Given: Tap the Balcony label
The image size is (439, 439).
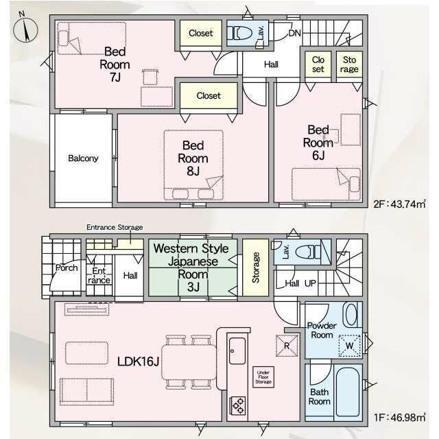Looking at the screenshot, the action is (x=83, y=158).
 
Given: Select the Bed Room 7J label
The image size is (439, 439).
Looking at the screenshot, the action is (x=115, y=64).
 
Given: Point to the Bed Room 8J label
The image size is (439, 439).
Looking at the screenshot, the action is (x=193, y=158).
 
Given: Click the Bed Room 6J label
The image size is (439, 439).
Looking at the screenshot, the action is (x=318, y=143).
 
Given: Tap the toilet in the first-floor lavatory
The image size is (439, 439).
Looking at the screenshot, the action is (x=308, y=252).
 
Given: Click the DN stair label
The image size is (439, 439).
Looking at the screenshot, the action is (x=294, y=33).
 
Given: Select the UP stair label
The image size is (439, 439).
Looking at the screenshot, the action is (x=310, y=283).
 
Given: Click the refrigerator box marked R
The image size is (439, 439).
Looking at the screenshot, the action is (x=287, y=346).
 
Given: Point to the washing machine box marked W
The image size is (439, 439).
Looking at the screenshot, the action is (x=349, y=346).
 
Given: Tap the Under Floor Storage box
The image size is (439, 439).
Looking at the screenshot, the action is (x=263, y=377).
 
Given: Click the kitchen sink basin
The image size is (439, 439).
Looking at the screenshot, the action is (x=237, y=351).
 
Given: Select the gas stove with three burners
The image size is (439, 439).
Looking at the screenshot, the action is (x=238, y=405).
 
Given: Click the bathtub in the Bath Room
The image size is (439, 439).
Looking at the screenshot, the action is (x=348, y=392).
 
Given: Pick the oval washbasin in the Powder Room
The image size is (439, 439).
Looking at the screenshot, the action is (x=351, y=315).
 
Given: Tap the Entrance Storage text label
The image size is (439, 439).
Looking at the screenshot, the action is (x=115, y=227).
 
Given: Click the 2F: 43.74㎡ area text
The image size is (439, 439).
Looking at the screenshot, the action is (x=399, y=204).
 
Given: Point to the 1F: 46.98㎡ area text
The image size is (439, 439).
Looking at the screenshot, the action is (x=400, y=418).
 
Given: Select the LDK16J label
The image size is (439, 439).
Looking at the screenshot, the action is (x=139, y=361).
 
